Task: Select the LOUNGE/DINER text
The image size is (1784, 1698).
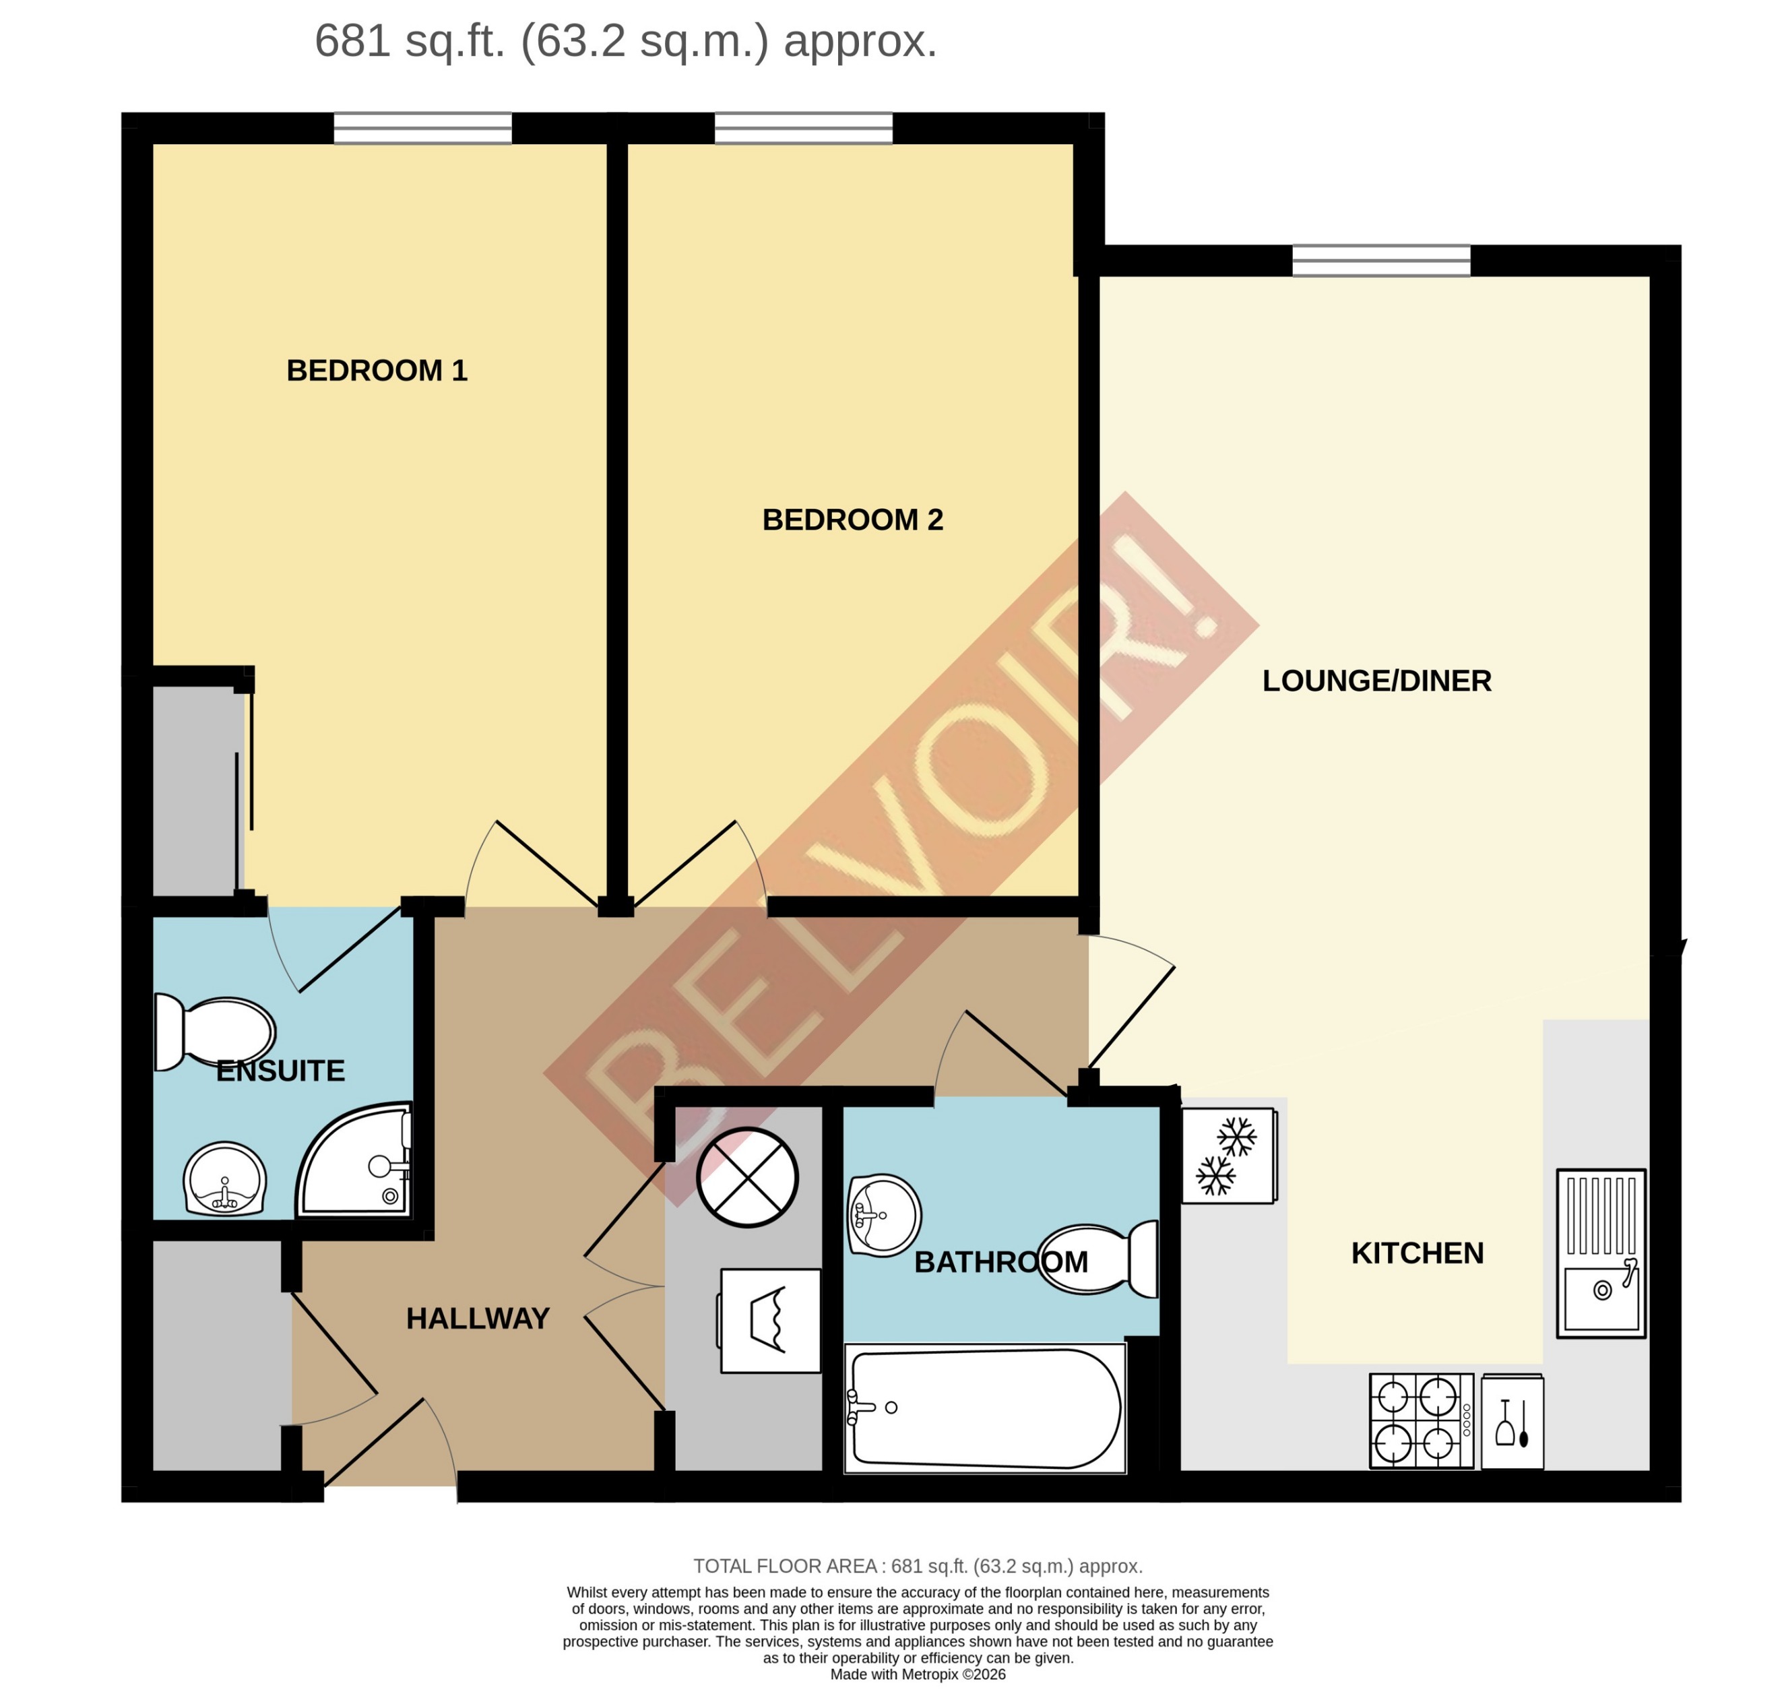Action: [x=1376, y=681]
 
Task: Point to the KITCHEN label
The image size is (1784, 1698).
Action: [x=1417, y=1253]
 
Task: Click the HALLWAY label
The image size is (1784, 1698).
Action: [x=477, y=1318]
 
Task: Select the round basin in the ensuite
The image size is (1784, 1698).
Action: [x=224, y=1179]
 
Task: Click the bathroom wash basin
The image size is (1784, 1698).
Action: [x=883, y=1215]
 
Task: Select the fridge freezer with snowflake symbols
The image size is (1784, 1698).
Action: [x=1228, y=1155]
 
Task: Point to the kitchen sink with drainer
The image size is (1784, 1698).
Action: [x=1600, y=1253]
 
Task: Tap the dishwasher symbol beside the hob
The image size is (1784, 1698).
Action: [x=1512, y=1421]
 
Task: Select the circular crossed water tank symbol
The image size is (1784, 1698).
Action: [x=746, y=1178]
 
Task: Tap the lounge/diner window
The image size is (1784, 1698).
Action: [x=1380, y=261]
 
